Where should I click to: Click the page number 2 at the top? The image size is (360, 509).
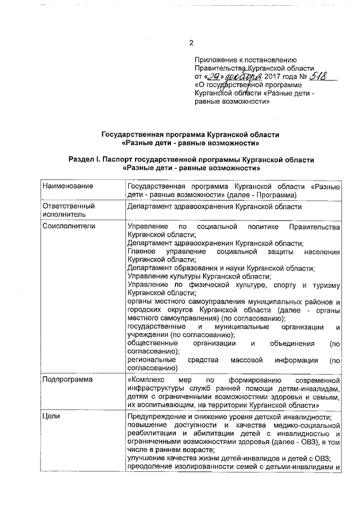click(191, 43)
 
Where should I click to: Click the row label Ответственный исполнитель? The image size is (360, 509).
click(69, 210)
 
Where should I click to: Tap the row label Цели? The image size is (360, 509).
click(51, 416)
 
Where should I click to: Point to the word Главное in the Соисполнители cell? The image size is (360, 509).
click(142, 251)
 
